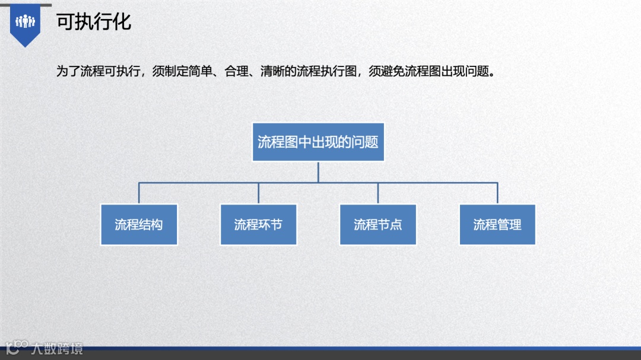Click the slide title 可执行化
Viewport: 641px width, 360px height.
(x=94, y=22)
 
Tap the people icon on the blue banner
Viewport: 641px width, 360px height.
(x=26, y=22)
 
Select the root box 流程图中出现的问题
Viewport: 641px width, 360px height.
(x=318, y=142)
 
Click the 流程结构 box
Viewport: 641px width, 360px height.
(x=139, y=225)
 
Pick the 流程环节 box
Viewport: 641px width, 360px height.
(x=258, y=225)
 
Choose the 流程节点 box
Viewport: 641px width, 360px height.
(x=378, y=225)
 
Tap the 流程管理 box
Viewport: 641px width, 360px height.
(x=497, y=225)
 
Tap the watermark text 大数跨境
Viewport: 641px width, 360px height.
(x=58, y=348)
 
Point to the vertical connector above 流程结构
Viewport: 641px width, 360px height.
(x=139, y=193)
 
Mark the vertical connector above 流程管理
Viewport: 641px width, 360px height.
(x=497, y=193)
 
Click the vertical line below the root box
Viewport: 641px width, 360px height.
(x=318, y=171)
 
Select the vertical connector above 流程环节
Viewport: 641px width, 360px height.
(x=258, y=193)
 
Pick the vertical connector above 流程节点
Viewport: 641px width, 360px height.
(x=378, y=193)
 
